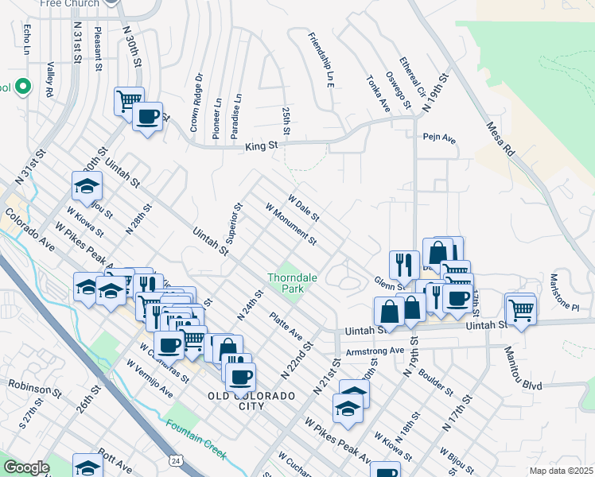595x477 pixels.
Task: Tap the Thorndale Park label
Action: pos(286,284)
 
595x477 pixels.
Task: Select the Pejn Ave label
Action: pos(439,138)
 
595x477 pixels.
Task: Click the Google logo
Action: pos(25,467)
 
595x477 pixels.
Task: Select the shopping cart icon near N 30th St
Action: pos(129,100)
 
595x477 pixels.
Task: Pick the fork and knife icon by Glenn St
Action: pos(404,264)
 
